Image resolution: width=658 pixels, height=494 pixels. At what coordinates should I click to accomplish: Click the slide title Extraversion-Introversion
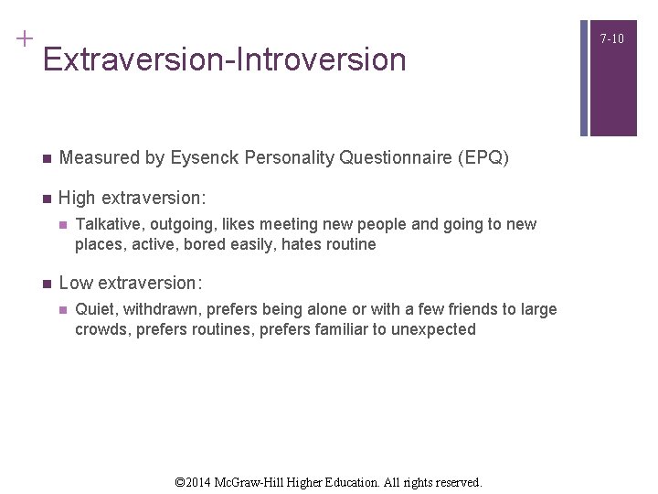pyautogui.click(x=224, y=60)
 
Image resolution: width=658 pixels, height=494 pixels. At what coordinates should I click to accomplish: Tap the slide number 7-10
pyautogui.click(x=612, y=38)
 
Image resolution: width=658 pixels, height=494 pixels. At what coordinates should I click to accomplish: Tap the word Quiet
pyautogui.click(x=95, y=309)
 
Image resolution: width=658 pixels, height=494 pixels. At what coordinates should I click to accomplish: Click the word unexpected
pyautogui.click(x=433, y=329)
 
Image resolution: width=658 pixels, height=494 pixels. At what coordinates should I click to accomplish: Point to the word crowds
pyautogui.click(x=101, y=329)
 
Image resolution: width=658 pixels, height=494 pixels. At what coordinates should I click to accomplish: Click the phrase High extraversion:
pyautogui.click(x=133, y=198)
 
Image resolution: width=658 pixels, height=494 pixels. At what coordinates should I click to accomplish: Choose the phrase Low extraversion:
pyautogui.click(x=131, y=283)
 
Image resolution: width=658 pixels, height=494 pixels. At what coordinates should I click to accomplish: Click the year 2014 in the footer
pyautogui.click(x=203, y=481)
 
